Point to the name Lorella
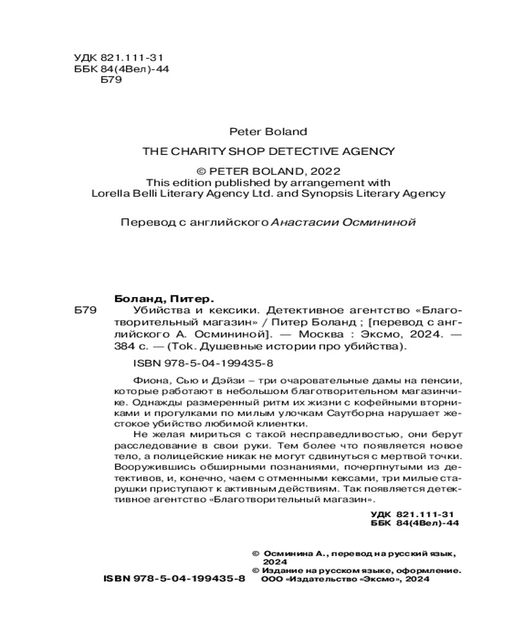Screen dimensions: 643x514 coord(111,193)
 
